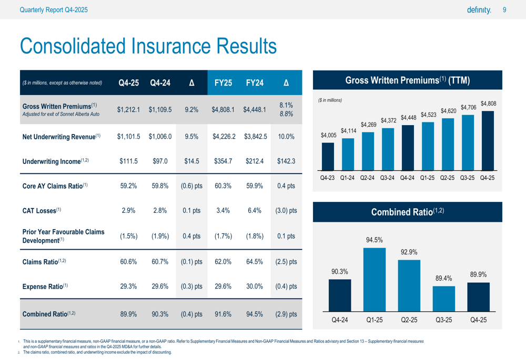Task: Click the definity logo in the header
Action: click(479, 10)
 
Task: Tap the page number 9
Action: click(504, 10)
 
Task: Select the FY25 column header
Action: click(223, 83)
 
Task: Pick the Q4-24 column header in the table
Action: click(160, 83)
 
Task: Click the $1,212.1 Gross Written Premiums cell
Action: click(128, 110)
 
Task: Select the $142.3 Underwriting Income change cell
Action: click(286, 161)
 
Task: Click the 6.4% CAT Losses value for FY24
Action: click(255, 211)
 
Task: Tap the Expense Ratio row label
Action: click(45, 286)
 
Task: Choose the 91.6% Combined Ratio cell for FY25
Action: click(223, 314)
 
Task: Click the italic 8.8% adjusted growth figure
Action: click(286, 114)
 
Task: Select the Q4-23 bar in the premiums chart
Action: click(328, 157)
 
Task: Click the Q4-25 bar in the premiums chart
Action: click(488, 141)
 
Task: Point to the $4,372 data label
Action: click(389, 120)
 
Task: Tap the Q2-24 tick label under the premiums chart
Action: click(367, 178)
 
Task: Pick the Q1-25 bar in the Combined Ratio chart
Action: click(375, 280)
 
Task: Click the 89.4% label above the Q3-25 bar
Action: click(444, 278)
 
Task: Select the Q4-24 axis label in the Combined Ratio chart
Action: click(340, 320)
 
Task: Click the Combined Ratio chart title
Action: click(408, 212)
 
